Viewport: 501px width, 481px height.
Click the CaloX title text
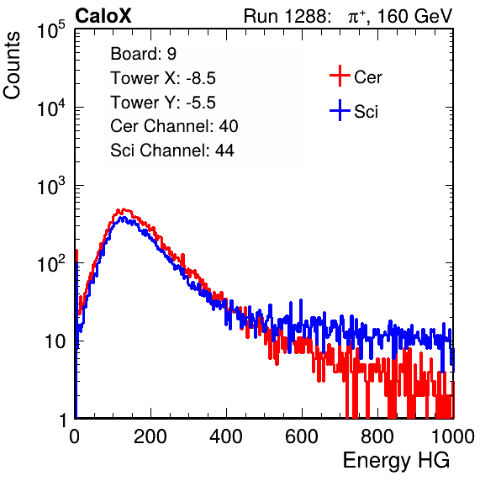point(103,16)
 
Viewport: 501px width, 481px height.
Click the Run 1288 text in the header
point(285,16)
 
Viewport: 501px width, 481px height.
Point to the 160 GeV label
point(415,16)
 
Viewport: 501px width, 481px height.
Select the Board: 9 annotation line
point(143,54)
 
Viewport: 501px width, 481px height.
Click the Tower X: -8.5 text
point(163,78)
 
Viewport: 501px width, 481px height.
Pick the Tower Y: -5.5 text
point(163,103)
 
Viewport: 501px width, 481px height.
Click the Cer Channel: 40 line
point(174,126)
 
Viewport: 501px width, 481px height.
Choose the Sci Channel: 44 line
point(172,151)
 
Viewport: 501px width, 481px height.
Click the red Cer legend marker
point(340,76)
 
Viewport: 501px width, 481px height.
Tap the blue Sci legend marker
point(340,110)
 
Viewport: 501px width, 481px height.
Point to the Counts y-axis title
point(12,66)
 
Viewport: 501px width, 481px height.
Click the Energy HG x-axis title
point(396,461)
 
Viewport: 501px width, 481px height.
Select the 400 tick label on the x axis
point(226,436)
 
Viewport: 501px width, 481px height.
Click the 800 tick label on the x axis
point(377,436)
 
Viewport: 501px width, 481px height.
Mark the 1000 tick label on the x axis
point(453,436)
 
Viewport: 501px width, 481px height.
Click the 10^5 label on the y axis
point(51,30)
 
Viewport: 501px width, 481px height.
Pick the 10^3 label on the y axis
point(51,186)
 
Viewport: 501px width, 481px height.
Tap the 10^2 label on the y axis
point(51,264)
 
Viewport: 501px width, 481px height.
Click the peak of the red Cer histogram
point(124,209)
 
